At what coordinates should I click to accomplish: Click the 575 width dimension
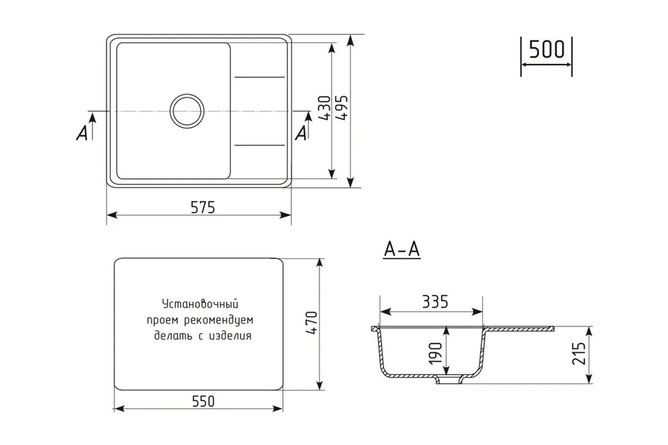[203, 207]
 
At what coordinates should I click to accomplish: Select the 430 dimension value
[325, 108]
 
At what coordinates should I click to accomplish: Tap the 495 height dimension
[342, 108]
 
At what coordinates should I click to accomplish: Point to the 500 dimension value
[546, 49]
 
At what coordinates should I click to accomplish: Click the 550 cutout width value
[203, 401]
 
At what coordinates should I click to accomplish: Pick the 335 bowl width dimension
[435, 302]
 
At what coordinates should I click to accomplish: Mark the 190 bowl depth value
[435, 353]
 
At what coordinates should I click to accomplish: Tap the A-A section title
[402, 249]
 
